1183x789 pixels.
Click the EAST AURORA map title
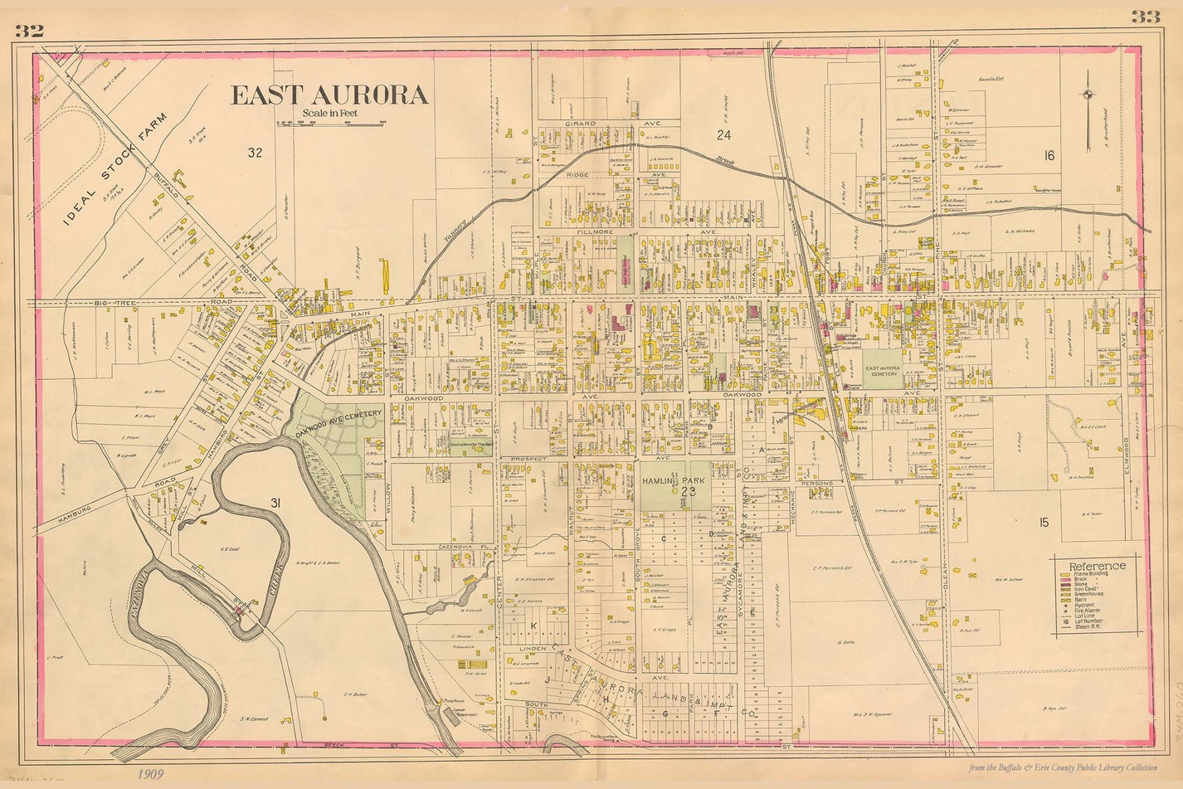coord(329,95)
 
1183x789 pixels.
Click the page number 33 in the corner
coord(1145,17)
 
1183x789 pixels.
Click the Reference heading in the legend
coord(1098,566)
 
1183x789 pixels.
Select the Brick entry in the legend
coord(1080,580)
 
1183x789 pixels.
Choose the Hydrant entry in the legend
coord(1083,606)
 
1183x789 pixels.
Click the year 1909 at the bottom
coord(151,774)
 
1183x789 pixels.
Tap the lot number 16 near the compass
coord(1049,155)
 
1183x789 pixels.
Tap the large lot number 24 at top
coord(723,134)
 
